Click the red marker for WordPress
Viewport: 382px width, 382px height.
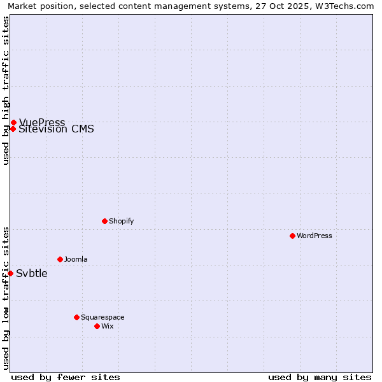coord(292,236)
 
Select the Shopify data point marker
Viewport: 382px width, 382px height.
coord(104,221)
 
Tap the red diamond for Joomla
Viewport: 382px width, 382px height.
coord(60,259)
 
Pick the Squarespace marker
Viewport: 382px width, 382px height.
coord(76,317)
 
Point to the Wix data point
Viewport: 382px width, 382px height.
coord(97,326)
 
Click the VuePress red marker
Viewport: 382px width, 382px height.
coord(13,122)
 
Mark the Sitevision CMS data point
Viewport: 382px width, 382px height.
coord(13,129)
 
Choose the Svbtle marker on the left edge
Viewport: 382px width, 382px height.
coord(10,273)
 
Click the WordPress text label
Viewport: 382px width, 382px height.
coord(314,236)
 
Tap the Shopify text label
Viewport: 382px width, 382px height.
coord(121,221)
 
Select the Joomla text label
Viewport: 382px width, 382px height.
coord(76,259)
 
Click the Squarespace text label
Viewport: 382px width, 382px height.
coord(103,317)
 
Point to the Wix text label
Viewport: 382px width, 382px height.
coord(107,326)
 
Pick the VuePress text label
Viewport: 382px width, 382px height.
coord(42,122)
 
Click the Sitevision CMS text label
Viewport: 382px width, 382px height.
coord(56,129)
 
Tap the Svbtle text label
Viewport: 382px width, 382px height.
coord(31,274)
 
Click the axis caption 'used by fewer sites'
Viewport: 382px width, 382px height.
coord(66,377)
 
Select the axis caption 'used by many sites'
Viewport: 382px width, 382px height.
coord(320,377)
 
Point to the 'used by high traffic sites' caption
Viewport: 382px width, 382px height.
coord(6,90)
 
